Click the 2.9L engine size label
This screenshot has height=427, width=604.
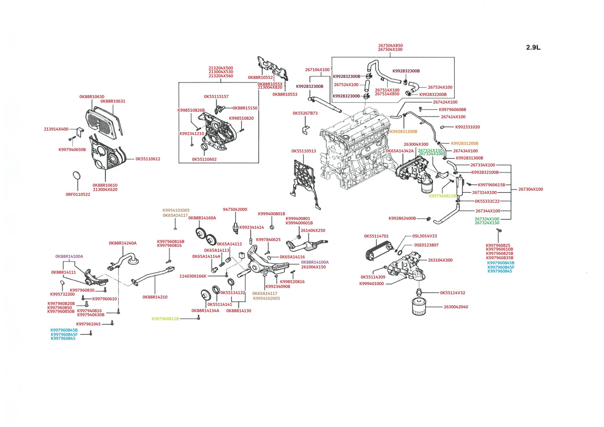click(x=533, y=47)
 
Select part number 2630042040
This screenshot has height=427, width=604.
click(x=456, y=307)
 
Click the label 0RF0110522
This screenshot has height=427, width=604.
click(x=78, y=194)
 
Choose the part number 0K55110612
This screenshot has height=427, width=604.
click(x=148, y=159)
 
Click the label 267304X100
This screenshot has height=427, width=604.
click(x=531, y=189)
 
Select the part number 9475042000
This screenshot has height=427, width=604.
click(x=235, y=209)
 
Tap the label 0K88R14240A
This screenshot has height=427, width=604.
click(x=123, y=243)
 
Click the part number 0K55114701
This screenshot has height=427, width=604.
click(x=376, y=236)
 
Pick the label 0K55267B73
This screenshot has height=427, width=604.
click(x=305, y=113)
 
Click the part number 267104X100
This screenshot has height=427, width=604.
click(x=317, y=70)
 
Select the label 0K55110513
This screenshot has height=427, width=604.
click(x=304, y=151)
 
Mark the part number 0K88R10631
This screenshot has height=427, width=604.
click(x=113, y=101)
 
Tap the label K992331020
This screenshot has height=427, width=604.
click(x=467, y=127)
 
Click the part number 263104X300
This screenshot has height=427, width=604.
click(x=440, y=260)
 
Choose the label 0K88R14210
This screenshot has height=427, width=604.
click(x=155, y=297)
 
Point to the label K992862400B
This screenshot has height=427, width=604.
click(x=402, y=219)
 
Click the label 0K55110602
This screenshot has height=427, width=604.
click(x=204, y=160)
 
